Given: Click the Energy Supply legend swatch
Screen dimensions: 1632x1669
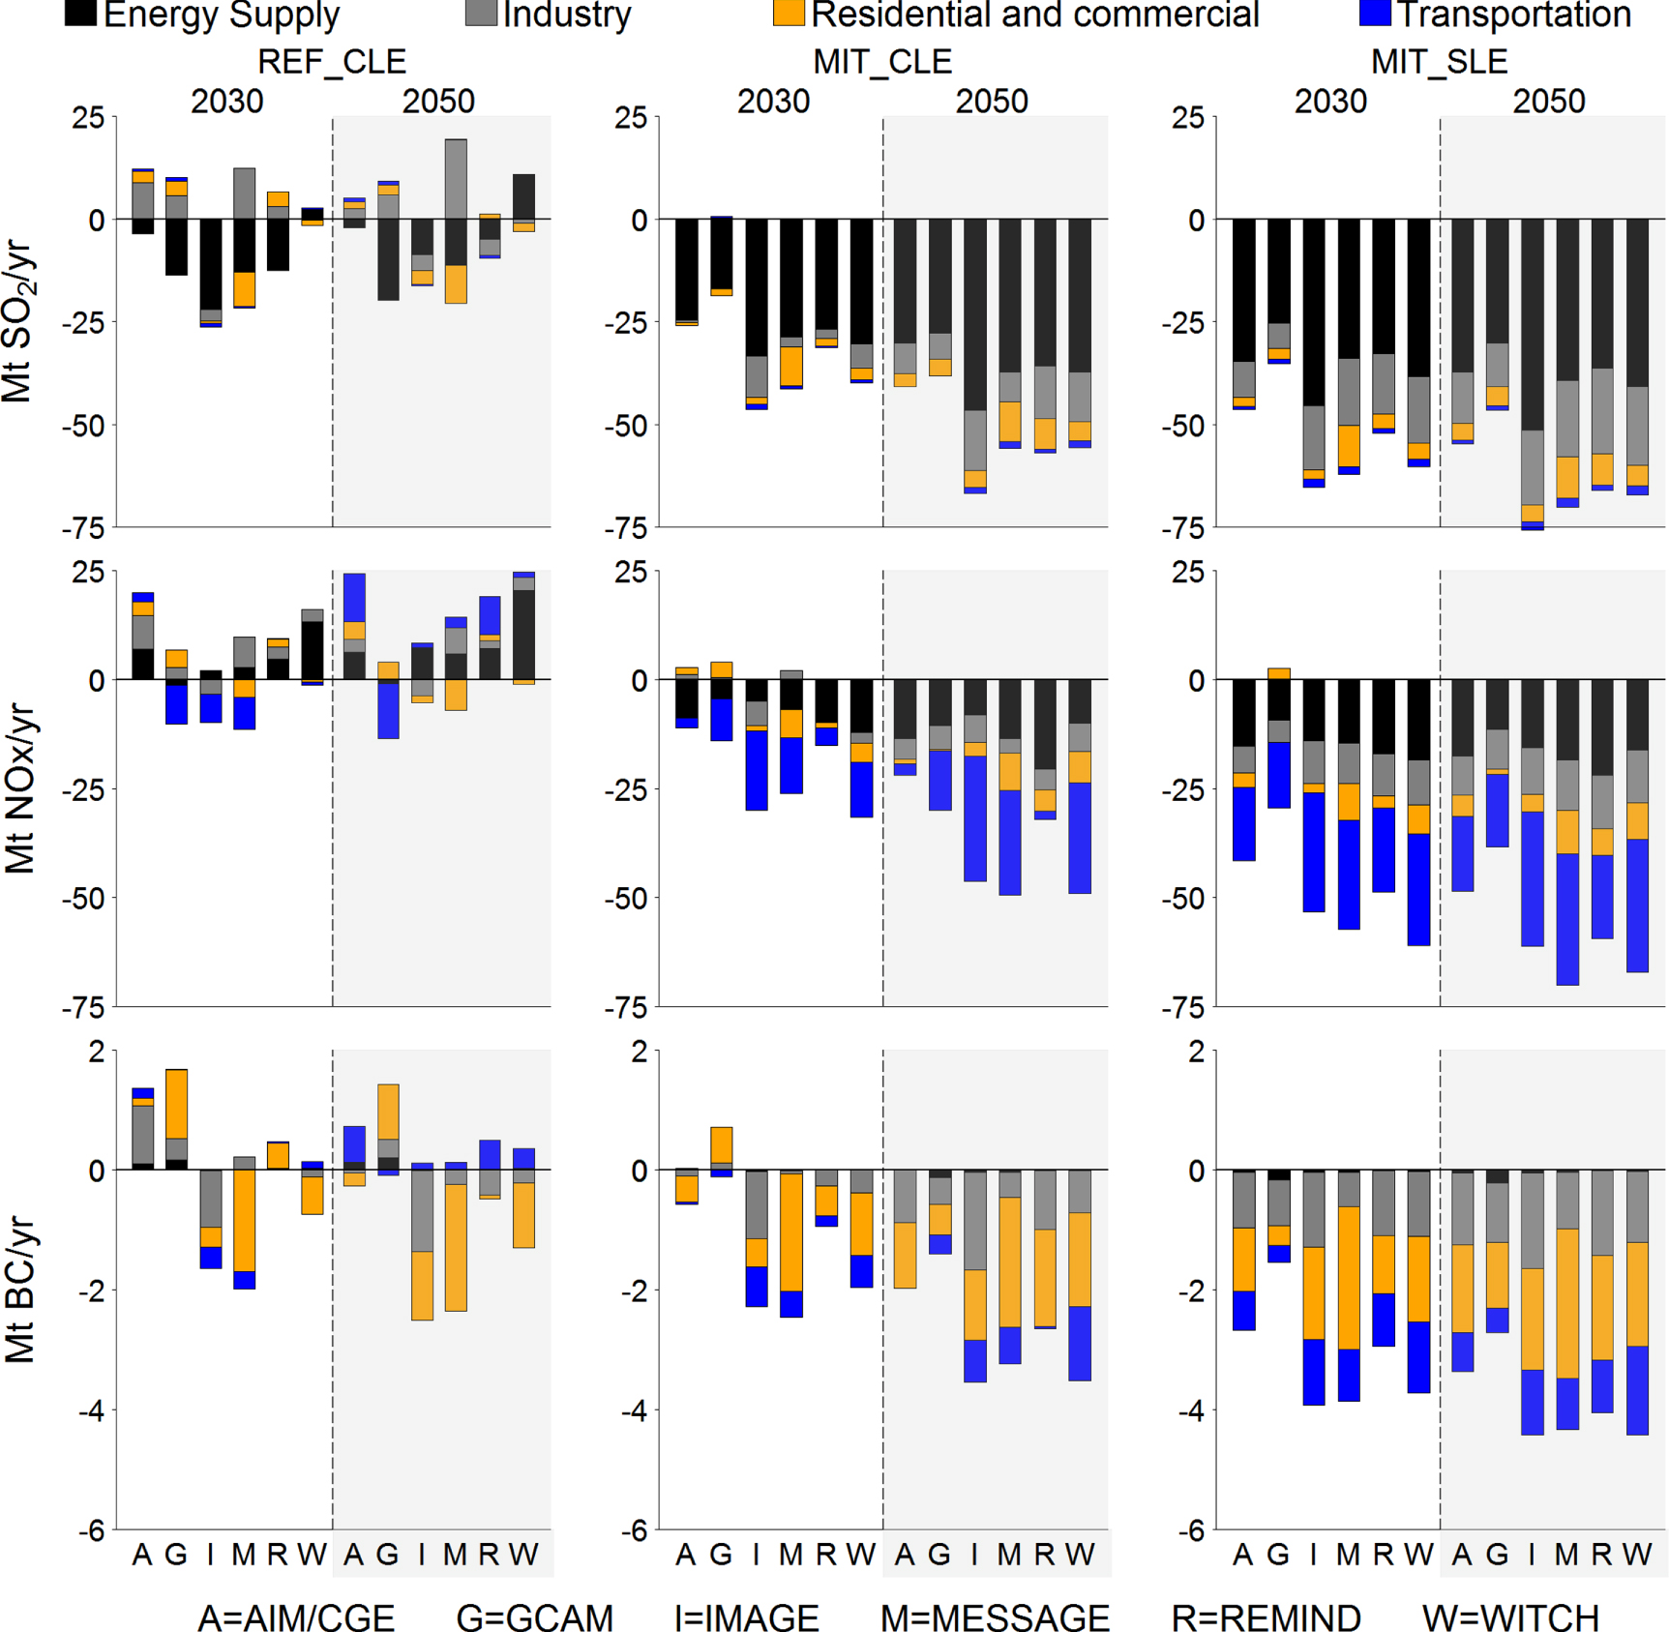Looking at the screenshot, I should (80, 13).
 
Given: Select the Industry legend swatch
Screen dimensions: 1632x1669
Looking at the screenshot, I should (481, 13).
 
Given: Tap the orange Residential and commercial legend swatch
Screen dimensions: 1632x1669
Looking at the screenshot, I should (789, 13).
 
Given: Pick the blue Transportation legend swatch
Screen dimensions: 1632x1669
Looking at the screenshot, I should (1375, 13).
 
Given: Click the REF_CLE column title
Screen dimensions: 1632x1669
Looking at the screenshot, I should (332, 62).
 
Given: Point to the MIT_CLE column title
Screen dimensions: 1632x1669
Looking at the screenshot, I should (882, 62).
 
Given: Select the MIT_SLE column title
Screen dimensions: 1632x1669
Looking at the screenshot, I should (1439, 62).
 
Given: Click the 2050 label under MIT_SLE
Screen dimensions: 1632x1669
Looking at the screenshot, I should (1549, 102).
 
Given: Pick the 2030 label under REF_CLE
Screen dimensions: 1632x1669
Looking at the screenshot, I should (226, 102).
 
